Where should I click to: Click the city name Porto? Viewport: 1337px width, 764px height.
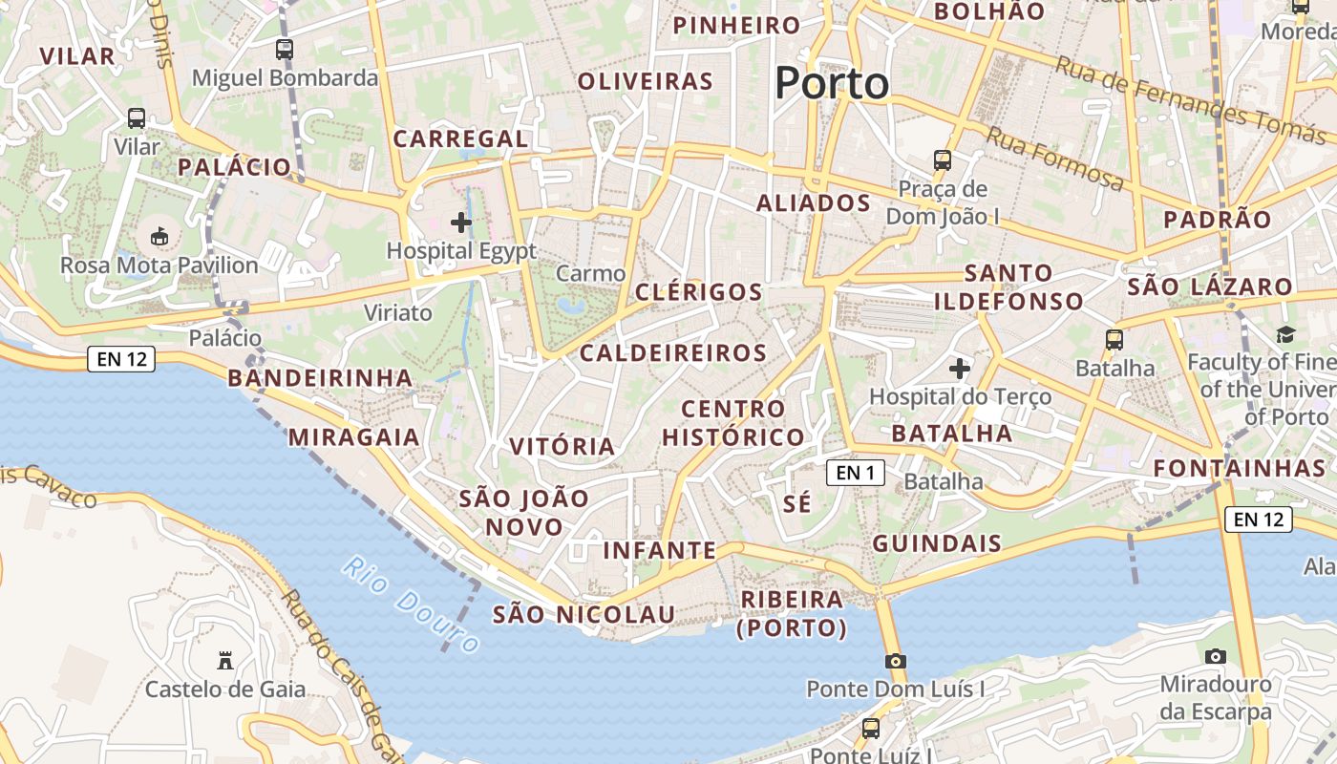[832, 83]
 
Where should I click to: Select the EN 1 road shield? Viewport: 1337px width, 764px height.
[855, 472]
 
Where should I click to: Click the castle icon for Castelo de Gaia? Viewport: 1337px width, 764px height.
[225, 660]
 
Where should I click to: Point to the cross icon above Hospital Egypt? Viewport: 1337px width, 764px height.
[461, 223]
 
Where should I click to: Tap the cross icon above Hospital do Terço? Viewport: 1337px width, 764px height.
[960, 368]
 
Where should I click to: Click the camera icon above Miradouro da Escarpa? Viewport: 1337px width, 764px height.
[1215, 656]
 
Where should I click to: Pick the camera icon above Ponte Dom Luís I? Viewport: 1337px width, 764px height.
[895, 661]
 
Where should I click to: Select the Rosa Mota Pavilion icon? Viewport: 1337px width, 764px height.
[159, 236]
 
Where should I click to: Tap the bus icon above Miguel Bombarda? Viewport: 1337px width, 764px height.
[285, 50]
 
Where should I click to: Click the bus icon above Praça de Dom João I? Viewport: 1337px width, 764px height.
[943, 159]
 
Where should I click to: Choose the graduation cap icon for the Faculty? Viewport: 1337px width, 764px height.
[1285, 334]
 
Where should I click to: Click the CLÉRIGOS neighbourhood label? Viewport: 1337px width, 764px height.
[699, 292]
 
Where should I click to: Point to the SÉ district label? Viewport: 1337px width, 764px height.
[796, 503]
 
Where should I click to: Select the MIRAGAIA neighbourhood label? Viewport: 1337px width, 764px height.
[354, 437]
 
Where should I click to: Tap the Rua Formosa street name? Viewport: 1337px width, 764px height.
[1055, 159]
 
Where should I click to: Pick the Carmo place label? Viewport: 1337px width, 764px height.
[590, 273]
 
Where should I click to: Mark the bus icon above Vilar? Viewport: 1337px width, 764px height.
[137, 118]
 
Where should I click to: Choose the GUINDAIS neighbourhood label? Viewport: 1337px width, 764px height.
[937, 544]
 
